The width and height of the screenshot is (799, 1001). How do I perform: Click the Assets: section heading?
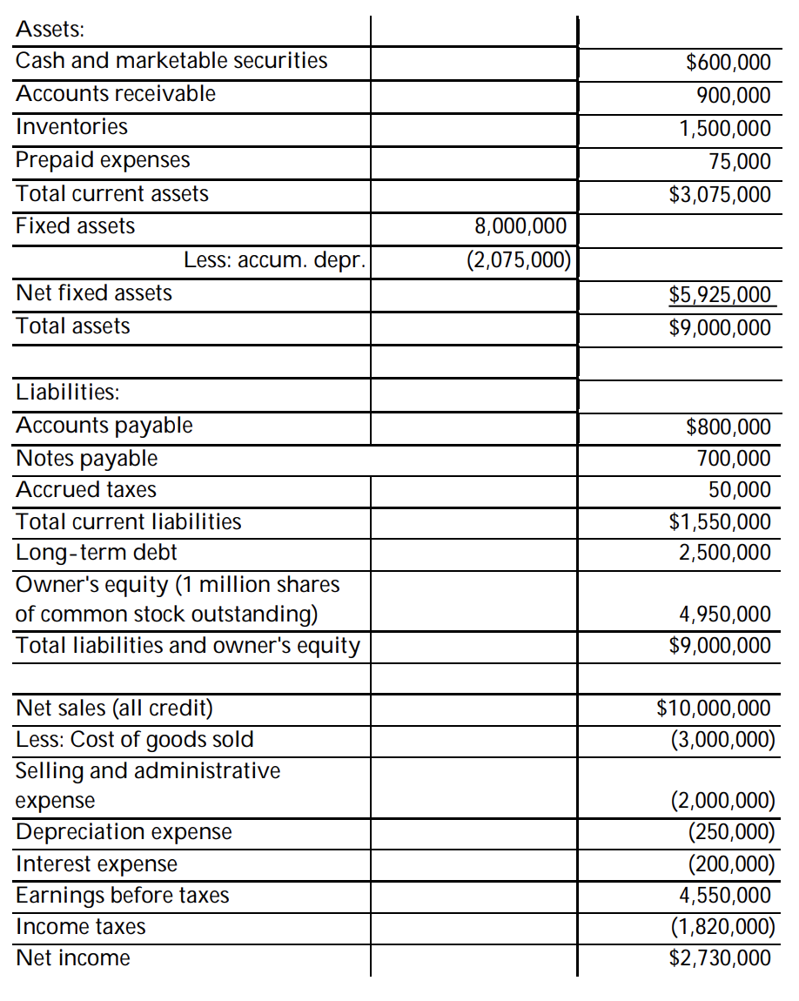click(x=50, y=29)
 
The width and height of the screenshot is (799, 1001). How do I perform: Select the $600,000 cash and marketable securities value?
click(x=728, y=62)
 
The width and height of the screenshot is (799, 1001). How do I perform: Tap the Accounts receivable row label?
click(x=116, y=94)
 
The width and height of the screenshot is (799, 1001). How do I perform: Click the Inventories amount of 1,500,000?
click(x=724, y=129)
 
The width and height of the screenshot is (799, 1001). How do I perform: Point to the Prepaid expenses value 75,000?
click(x=740, y=162)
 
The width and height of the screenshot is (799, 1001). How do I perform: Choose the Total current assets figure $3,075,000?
click(x=720, y=194)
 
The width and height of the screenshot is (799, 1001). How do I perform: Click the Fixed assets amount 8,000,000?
click(x=520, y=227)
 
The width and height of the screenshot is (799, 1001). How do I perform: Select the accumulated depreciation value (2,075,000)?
click(x=518, y=259)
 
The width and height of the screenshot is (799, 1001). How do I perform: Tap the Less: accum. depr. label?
click(x=274, y=259)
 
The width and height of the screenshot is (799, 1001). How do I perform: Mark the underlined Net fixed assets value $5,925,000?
click(x=720, y=294)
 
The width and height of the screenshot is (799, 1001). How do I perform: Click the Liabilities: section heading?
click(x=68, y=392)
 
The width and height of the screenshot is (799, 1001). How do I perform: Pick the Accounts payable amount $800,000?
click(x=728, y=427)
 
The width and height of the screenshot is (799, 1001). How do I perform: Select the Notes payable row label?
click(x=87, y=458)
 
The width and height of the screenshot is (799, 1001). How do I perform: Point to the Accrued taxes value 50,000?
click(x=740, y=490)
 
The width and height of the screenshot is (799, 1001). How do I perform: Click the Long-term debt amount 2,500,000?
click(x=724, y=553)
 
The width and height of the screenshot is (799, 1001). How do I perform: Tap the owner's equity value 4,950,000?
click(x=724, y=615)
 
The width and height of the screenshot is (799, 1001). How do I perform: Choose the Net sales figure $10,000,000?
click(x=714, y=708)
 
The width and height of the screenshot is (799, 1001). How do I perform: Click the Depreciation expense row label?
click(x=124, y=832)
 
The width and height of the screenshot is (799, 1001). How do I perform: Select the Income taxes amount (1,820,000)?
click(x=722, y=926)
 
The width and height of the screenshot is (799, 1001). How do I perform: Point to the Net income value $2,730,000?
click(x=720, y=958)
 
